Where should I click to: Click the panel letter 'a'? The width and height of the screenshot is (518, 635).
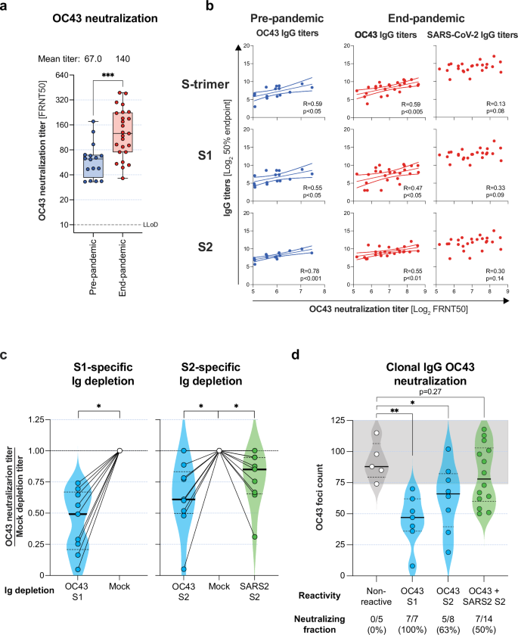coord(6,6)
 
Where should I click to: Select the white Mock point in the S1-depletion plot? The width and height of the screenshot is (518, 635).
coord(119,451)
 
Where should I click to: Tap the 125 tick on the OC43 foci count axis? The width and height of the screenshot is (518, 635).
coord(341,420)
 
